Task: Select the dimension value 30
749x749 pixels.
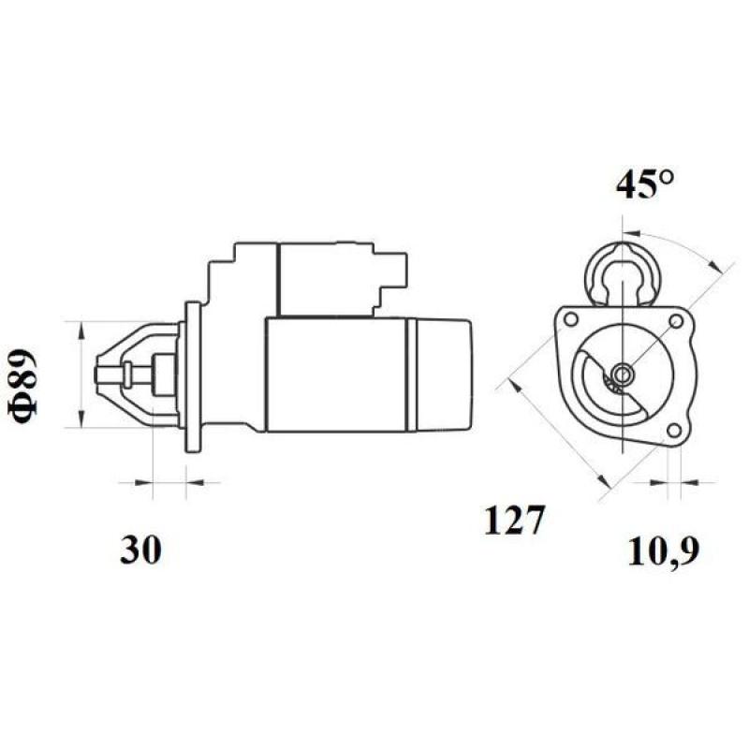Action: [140, 551]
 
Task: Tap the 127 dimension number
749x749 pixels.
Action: [514, 521]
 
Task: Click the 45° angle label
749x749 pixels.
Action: [645, 184]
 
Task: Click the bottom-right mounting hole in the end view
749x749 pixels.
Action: [672, 431]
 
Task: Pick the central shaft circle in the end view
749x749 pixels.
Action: [623, 374]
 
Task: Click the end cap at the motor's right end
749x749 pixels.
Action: [440, 374]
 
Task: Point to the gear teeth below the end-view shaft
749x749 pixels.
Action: [614, 385]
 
